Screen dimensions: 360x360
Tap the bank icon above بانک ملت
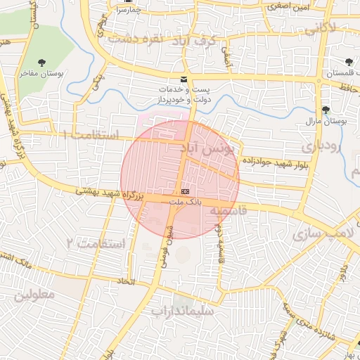click(185, 191)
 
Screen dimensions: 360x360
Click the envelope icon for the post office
click(184, 79)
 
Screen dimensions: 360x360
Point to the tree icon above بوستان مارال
click(326, 110)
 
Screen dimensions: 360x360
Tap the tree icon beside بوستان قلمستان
click(351, 62)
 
